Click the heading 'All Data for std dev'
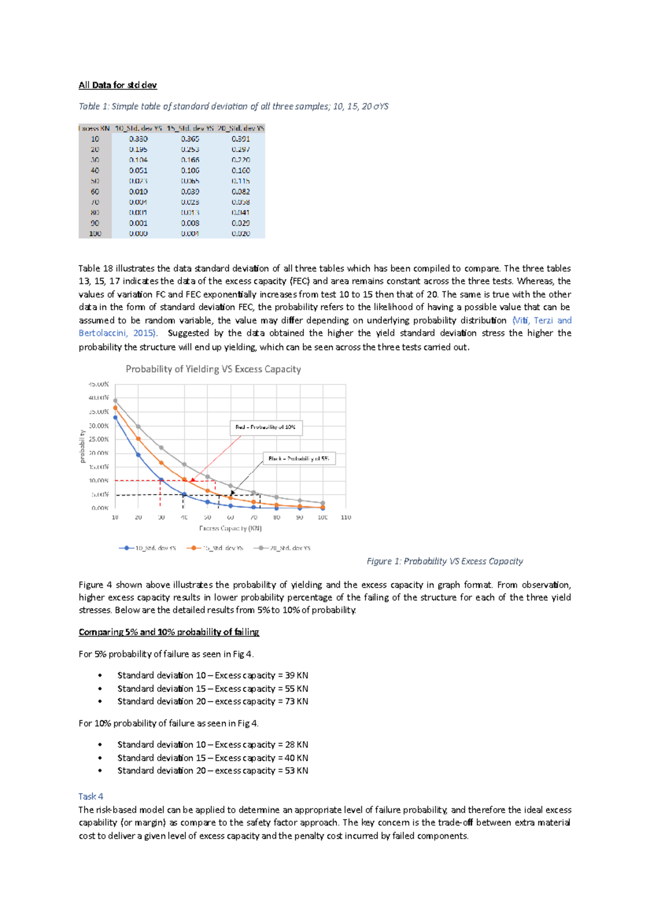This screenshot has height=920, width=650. [118, 85]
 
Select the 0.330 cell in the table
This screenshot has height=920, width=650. [138, 139]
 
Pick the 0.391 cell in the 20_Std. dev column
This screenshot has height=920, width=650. [240, 139]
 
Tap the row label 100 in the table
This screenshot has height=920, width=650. [95, 234]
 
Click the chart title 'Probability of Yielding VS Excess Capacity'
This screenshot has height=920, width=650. [213, 369]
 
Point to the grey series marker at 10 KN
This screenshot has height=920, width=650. [115, 401]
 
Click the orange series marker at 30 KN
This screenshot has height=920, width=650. [161, 463]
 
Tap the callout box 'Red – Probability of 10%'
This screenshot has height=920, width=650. [265, 427]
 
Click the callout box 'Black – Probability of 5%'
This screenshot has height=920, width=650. [298, 459]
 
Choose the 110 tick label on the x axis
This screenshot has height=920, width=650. [346, 517]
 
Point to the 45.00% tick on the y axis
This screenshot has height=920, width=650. [99, 384]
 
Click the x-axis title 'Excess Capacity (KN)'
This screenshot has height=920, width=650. [230, 528]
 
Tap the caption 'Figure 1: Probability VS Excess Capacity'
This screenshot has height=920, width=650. [445, 561]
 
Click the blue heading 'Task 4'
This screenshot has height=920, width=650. [90, 796]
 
